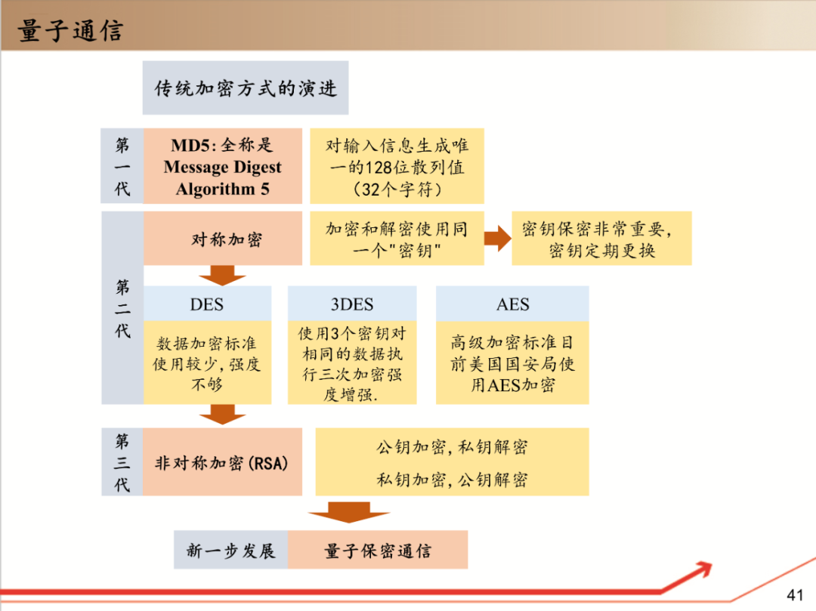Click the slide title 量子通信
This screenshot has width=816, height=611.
pos(70,31)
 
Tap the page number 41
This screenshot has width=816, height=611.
pos(795,594)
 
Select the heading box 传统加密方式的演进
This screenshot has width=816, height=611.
pos(246,88)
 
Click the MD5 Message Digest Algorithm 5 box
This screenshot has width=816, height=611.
pos(222,167)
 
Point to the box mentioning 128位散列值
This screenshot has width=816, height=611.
pos(397,167)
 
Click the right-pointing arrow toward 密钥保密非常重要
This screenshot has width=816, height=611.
pos(497,239)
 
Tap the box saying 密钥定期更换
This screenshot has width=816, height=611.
pos(601,239)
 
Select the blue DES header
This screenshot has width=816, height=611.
pos(207,304)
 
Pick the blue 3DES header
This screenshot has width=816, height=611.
pos(351,304)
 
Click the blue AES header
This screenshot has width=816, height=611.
pos(512,304)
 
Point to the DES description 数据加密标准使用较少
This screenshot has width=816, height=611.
pos(207,363)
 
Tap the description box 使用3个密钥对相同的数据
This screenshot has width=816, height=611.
pos(351,363)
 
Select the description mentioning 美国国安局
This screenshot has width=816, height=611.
pos(512,363)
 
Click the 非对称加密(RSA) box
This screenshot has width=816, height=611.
pos(222,463)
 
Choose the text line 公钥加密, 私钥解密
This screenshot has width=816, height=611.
pos(452,447)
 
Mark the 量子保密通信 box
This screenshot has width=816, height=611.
pos(377,551)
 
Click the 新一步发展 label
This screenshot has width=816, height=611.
pos(230,551)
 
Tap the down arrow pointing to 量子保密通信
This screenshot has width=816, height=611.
pos(349,512)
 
